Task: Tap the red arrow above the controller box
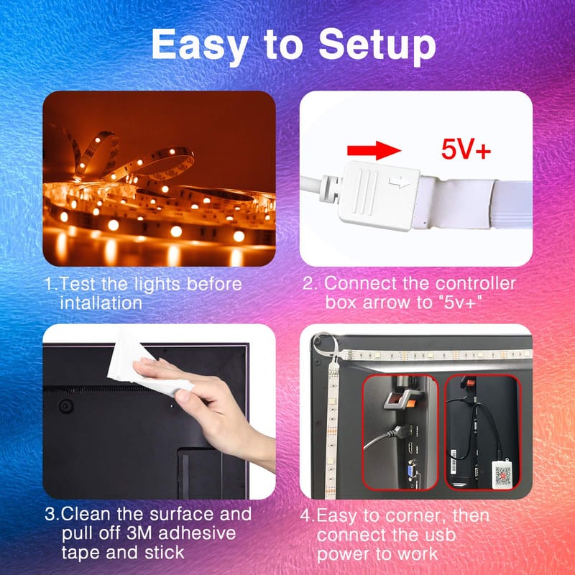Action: click(374, 150)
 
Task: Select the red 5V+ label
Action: click(466, 149)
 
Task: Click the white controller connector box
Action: click(378, 195)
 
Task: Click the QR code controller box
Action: click(502, 474)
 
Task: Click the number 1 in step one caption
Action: click(49, 284)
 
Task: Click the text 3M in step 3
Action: click(139, 533)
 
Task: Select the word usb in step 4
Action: click(439, 535)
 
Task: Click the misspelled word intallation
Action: click(101, 303)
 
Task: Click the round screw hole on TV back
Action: click(66, 406)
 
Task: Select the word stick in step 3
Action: click(165, 553)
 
